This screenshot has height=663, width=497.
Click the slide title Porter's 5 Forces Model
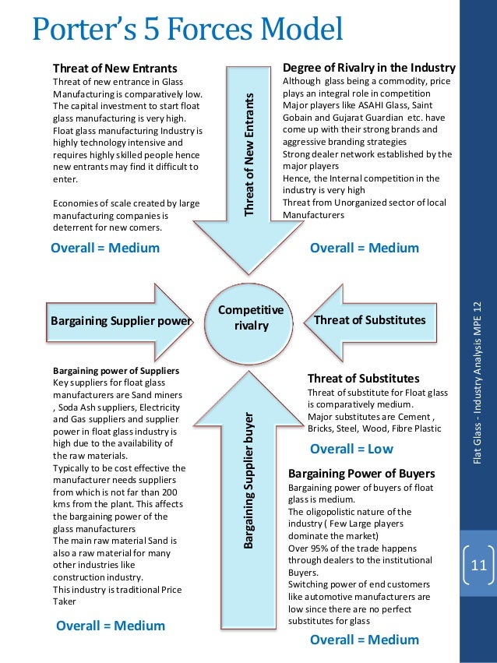187,30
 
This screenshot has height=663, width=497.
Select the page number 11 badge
478,565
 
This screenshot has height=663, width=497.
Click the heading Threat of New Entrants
115,69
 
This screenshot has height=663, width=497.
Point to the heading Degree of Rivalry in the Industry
368,68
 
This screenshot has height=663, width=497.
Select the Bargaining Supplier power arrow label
121,320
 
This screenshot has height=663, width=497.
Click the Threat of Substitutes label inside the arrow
369,320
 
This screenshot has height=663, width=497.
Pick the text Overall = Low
351,449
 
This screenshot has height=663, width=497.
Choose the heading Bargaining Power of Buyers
361,474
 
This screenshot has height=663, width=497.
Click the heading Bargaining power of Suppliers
116,370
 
